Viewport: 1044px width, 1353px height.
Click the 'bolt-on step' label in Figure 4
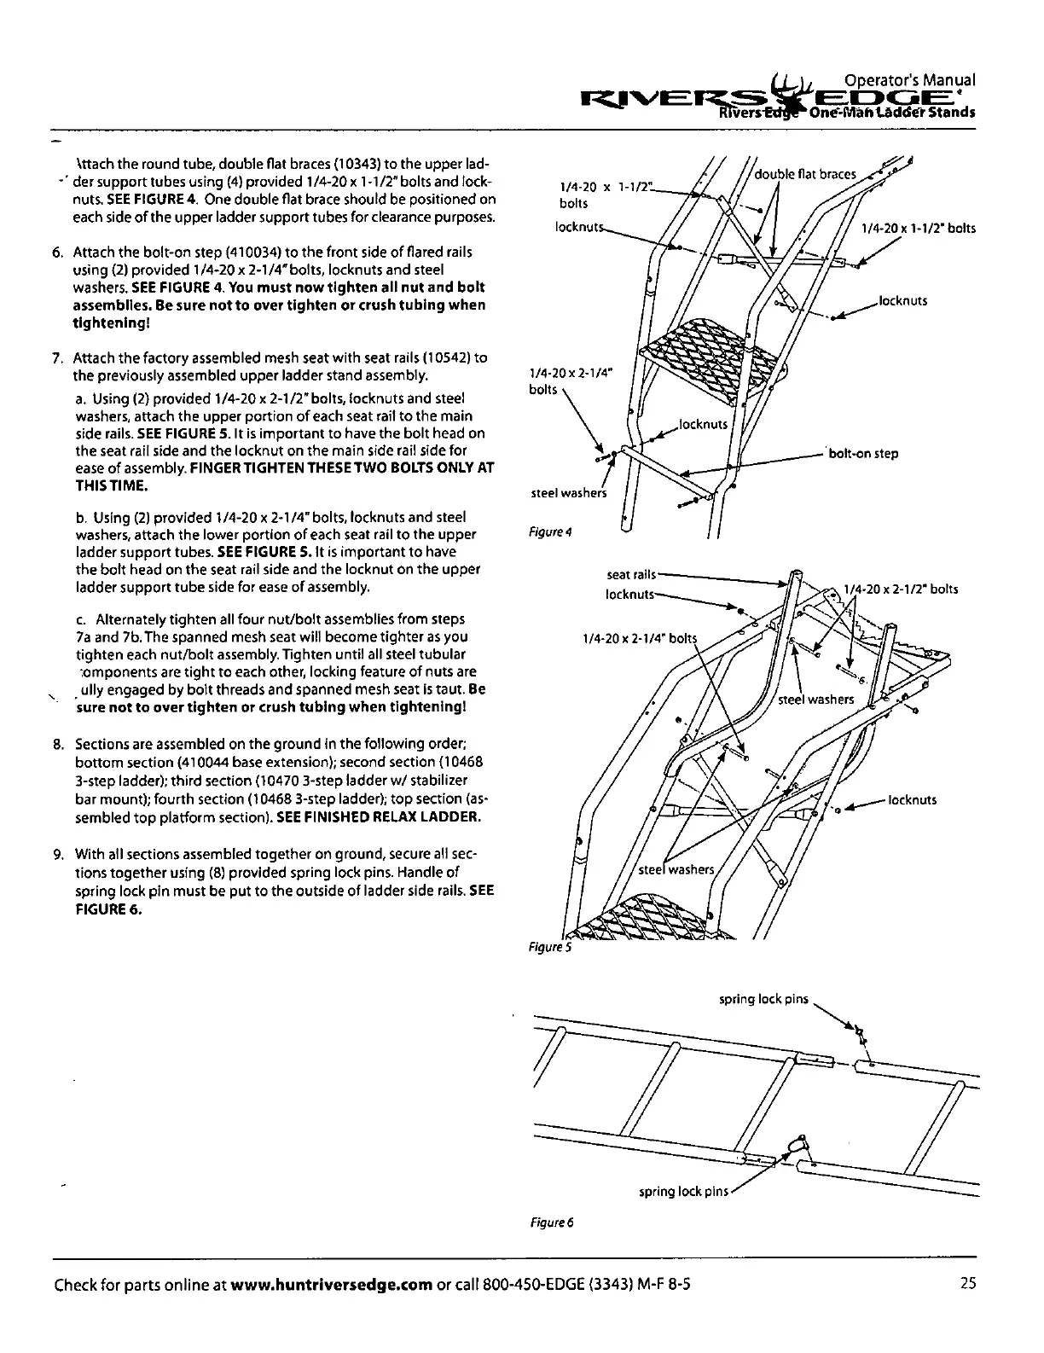[x=863, y=454]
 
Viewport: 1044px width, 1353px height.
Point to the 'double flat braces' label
[x=805, y=174]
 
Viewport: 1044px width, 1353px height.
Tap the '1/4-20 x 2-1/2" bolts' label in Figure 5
[x=900, y=589]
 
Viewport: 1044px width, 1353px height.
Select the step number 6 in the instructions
[x=58, y=253]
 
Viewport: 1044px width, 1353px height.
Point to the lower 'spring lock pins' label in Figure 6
[x=683, y=1191]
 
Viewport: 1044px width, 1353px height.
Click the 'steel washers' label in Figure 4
[x=568, y=493]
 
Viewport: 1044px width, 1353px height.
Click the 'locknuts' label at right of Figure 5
[x=912, y=800]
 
